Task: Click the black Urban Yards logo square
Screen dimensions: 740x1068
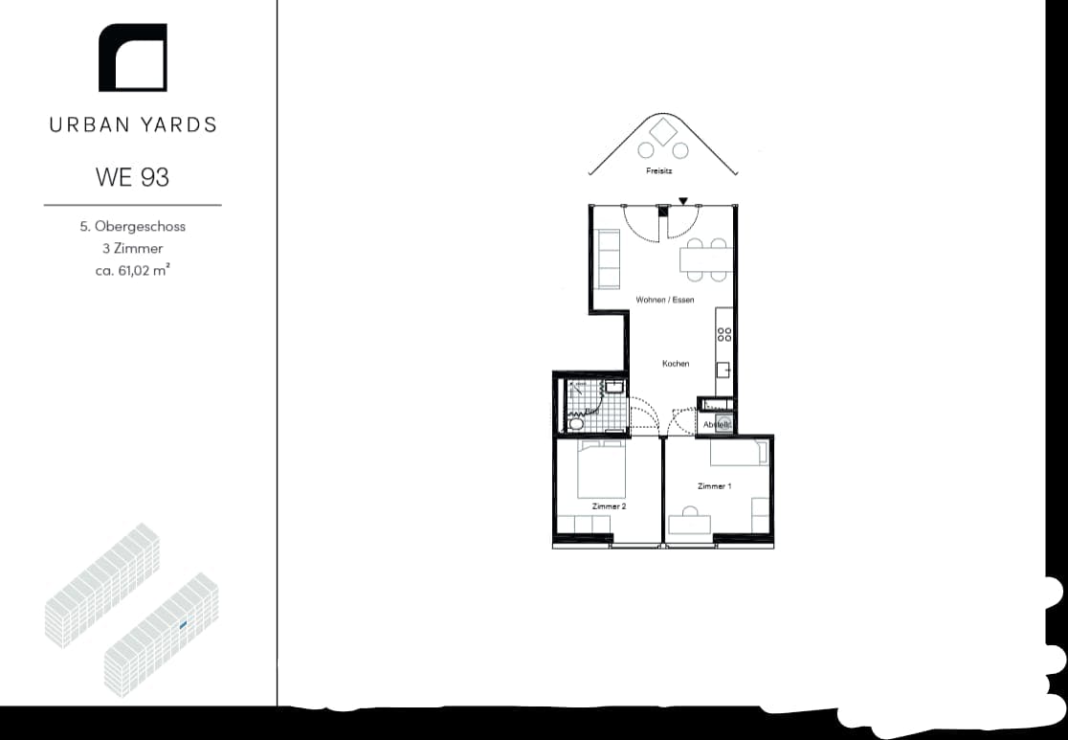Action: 133,58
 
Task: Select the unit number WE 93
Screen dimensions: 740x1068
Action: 133,177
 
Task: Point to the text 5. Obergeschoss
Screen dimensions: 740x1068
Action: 133,227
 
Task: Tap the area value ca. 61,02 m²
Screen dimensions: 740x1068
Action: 133,270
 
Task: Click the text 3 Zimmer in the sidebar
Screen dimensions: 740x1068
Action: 133,249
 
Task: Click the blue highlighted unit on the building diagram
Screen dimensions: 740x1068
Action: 182,625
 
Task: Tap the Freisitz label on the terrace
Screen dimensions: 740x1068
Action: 659,171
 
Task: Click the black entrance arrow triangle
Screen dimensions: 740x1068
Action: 682,201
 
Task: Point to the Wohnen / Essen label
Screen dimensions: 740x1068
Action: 665,301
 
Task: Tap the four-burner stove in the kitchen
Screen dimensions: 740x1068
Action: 724,333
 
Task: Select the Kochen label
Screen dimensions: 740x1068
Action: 676,364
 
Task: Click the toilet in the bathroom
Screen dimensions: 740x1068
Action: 576,422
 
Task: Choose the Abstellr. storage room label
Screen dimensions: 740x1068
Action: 717,424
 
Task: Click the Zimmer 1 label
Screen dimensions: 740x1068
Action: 714,486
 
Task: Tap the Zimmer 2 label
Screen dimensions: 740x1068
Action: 609,505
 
